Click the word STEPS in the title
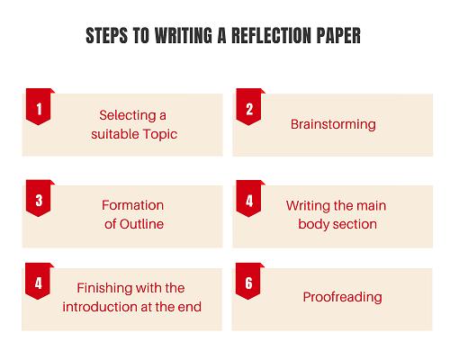click(x=107, y=36)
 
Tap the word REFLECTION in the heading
click(x=271, y=36)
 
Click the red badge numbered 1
click(x=39, y=107)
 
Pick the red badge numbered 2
click(x=249, y=107)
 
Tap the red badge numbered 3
click(x=39, y=198)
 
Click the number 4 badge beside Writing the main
click(x=249, y=198)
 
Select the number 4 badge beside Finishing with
click(x=38, y=282)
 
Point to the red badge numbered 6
click(x=248, y=282)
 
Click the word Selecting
click(x=128, y=116)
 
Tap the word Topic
click(x=160, y=134)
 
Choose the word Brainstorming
click(x=333, y=125)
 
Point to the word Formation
click(x=132, y=205)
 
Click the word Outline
click(x=141, y=224)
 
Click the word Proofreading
click(x=342, y=298)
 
